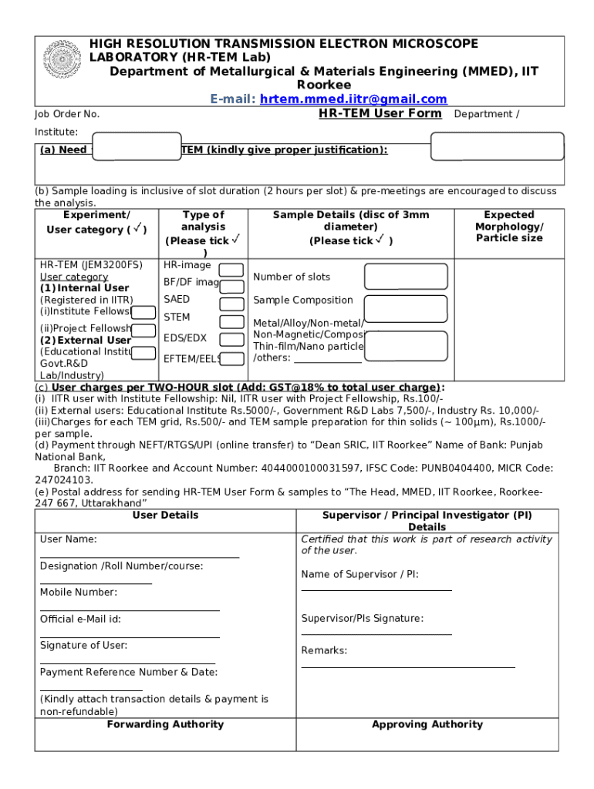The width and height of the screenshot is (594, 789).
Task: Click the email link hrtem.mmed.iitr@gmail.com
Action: click(353, 99)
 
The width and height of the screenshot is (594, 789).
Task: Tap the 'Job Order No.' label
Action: click(67, 114)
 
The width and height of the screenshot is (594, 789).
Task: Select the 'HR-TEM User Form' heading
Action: click(380, 114)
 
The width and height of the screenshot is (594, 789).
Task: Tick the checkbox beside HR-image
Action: click(231, 270)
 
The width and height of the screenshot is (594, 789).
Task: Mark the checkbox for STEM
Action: click(231, 322)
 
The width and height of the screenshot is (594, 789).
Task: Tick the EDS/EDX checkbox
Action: click(231, 339)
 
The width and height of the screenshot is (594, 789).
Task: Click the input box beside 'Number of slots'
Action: click(406, 277)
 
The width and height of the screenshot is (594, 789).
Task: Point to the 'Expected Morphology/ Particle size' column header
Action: click(508, 227)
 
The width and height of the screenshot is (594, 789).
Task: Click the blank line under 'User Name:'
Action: click(139, 556)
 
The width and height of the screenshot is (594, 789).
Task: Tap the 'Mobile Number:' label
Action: click(79, 592)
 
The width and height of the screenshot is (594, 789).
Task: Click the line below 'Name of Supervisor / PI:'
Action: click(376, 589)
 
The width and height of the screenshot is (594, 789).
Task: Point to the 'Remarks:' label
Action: click(324, 650)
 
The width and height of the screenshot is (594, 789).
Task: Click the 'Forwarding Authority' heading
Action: click(165, 724)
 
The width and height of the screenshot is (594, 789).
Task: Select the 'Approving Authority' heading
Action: click(427, 724)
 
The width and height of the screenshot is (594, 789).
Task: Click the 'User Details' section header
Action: click(165, 515)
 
